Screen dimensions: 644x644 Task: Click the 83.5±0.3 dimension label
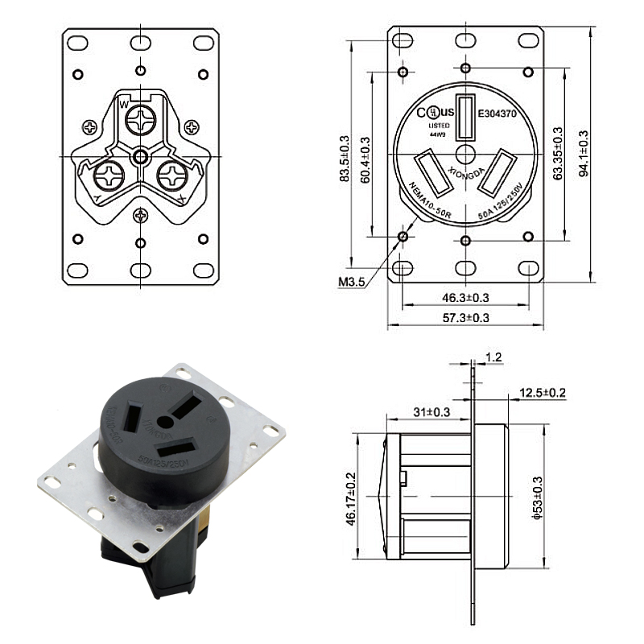[x=345, y=160]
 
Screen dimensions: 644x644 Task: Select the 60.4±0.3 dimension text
[x=365, y=160]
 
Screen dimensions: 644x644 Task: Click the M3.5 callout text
[x=353, y=282]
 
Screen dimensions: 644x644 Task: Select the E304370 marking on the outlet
[x=502, y=114]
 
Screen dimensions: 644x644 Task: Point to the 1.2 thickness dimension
[x=493, y=357]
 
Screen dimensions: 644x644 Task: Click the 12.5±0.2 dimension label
[x=542, y=393]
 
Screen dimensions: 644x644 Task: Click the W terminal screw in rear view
[x=142, y=122]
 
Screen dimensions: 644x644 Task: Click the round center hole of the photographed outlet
[x=165, y=421]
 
